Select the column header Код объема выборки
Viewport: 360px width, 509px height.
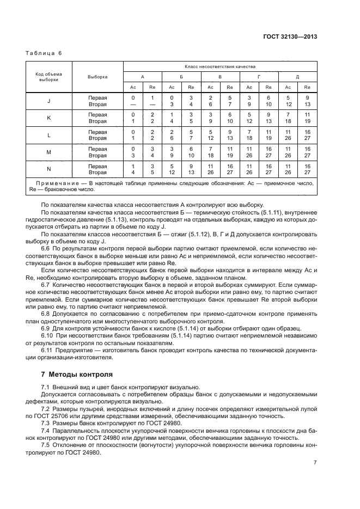pyautogui.click(x=49, y=77)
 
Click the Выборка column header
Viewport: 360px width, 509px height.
pyautogui.click(x=97, y=77)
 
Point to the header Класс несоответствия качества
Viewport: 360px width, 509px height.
pyautogui.click(x=220, y=66)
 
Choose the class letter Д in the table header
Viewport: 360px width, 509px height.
pyautogui.click(x=297, y=77)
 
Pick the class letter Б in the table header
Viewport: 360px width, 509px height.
pyautogui.click(x=181, y=77)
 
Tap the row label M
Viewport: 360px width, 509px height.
pyautogui.click(x=49, y=152)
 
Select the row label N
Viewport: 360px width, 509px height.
pyautogui.click(x=49, y=169)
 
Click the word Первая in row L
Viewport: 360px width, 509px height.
pyautogui.click(x=97, y=132)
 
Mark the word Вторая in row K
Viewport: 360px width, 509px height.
pyautogui.click(x=97, y=121)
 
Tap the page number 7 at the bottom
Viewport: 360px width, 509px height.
pyautogui.click(x=315, y=462)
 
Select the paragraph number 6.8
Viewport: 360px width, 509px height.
pyautogui.click(x=46, y=315)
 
